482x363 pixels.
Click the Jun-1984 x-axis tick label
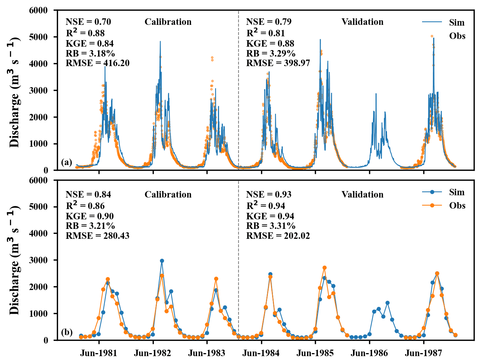pos(261,352)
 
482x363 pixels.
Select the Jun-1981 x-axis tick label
pos(99,352)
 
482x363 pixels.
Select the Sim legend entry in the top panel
pos(443,22)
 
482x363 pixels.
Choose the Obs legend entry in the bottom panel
pos(443,206)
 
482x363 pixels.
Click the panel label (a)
pos(66,162)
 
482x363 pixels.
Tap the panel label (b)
pos(66,332)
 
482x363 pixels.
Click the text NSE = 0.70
pos(88,22)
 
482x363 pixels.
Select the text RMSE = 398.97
pos(278,63)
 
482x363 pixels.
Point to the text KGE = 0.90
pos(90,216)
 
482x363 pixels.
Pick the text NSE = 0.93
pos(269,195)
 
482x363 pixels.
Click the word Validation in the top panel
pos(362,22)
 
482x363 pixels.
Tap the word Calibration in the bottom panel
pos(168,195)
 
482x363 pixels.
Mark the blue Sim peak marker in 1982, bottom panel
pos(162,261)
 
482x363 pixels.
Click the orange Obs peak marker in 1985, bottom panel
pos(324,268)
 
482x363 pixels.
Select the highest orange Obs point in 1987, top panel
pos(432,36)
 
